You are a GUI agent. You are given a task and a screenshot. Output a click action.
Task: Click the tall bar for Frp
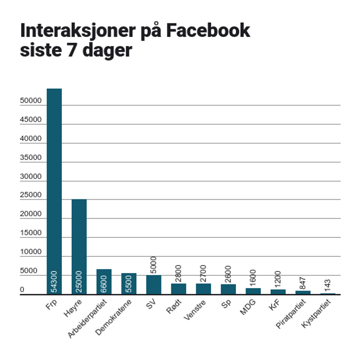tap(54, 190)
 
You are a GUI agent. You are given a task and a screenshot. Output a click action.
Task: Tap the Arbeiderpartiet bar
tap(104, 282)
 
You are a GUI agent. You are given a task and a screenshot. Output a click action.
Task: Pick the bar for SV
tap(153, 285)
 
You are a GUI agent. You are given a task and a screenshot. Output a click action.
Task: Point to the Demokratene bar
tap(128, 283)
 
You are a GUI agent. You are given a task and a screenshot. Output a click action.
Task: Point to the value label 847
tap(303, 282)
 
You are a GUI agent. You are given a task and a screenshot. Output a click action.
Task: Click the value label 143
tap(328, 285)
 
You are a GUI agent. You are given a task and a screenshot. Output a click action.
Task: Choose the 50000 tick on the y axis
tap(31, 101)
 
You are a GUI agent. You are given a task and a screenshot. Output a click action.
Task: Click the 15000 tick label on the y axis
tap(31, 233)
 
